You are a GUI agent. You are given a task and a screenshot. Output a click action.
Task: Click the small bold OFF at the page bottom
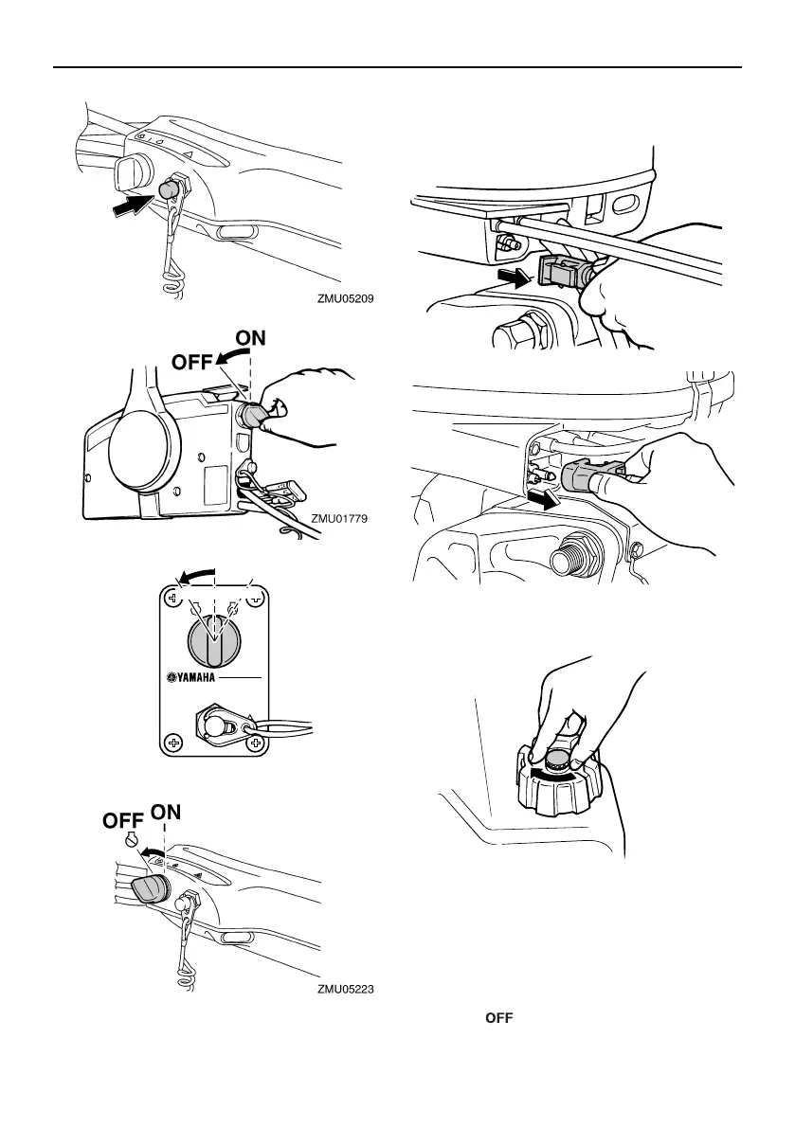[x=500, y=1018]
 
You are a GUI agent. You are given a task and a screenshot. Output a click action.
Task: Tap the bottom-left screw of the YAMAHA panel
[x=173, y=743]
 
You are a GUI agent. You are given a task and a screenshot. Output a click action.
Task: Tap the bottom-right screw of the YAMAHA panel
[x=254, y=743]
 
